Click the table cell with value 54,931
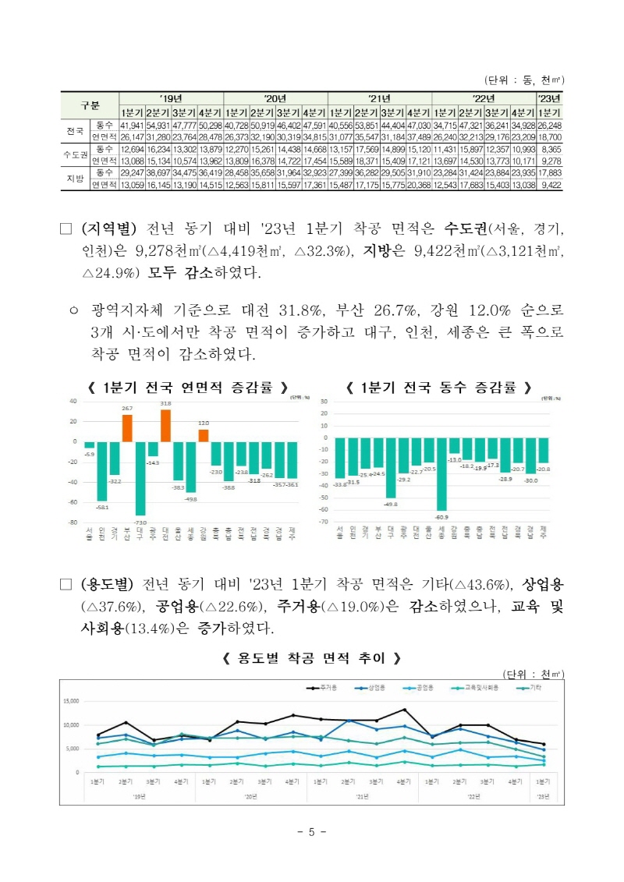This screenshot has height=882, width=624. click(x=158, y=125)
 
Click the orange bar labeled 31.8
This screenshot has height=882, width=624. click(x=165, y=425)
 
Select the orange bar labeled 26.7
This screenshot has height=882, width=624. click(x=127, y=427)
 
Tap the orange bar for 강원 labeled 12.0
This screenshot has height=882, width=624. click(x=203, y=435)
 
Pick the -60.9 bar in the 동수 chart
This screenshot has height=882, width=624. click(x=441, y=473)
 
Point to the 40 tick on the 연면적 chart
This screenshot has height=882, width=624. click(x=73, y=401)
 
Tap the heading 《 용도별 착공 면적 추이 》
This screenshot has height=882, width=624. click(x=311, y=657)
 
